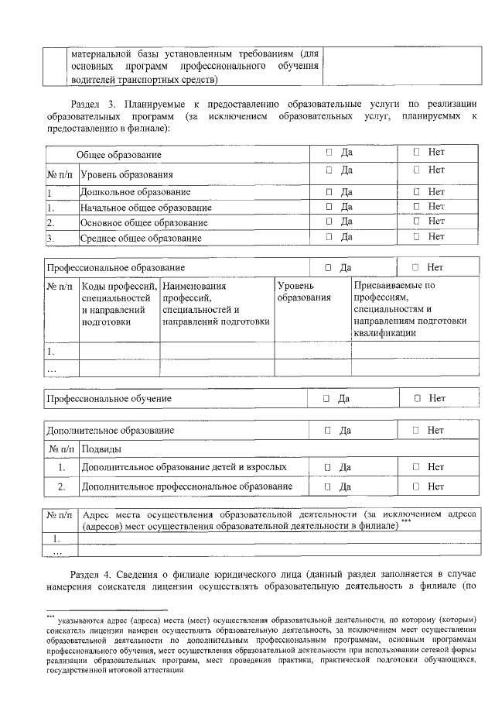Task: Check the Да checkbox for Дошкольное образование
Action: point(329,191)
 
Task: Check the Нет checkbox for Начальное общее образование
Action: point(416,207)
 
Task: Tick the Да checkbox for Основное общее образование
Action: point(329,222)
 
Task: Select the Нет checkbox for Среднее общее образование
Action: point(416,236)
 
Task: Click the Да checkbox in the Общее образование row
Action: point(329,153)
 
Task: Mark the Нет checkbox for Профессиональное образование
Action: point(415,267)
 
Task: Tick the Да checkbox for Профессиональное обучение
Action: point(326,398)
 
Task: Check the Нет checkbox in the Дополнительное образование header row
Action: point(415,430)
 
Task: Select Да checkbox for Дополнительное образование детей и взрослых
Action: point(328,467)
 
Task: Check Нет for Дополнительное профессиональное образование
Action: point(415,486)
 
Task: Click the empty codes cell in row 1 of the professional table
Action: point(119,351)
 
